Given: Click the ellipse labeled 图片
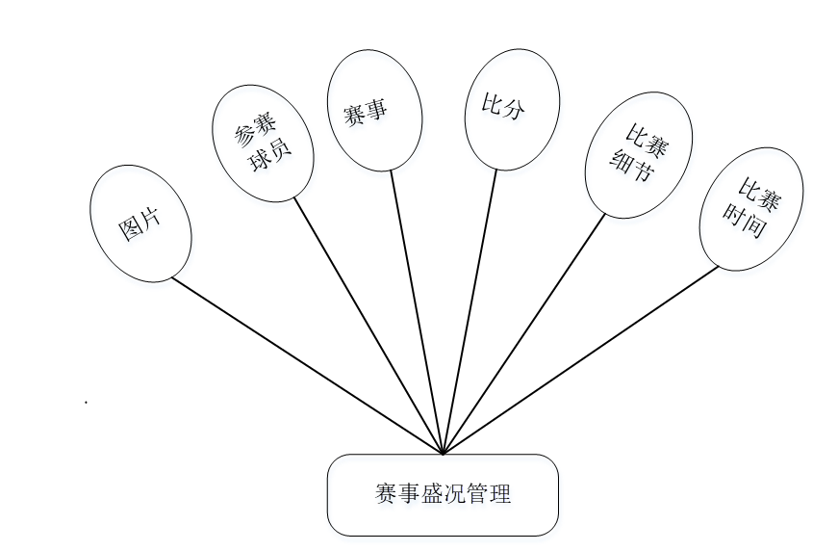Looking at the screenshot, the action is (140, 224).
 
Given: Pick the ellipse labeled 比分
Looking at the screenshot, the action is (511, 108).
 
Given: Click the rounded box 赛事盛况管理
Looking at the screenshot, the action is (443, 495).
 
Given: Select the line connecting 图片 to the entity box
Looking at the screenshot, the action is (306, 366).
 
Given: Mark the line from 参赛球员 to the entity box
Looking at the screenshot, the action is (368, 327).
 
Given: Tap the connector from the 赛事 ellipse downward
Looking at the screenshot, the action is (417, 311).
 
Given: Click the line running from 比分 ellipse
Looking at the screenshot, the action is (470, 311).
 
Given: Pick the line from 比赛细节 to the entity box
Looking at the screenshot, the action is (524, 332).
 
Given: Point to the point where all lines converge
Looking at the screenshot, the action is (443, 453).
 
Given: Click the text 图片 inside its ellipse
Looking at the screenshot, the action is (140, 224).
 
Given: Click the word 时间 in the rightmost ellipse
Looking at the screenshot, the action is (745, 223).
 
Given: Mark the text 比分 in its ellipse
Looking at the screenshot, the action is (511, 108).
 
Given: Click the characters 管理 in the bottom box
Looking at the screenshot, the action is (490, 495).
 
